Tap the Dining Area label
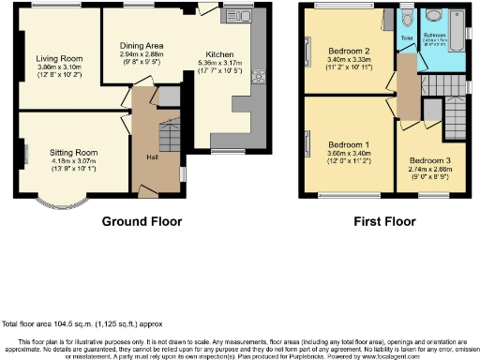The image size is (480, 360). click(141, 44)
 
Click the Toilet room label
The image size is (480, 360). click(406, 38)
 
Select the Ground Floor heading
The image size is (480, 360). click(142, 222)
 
